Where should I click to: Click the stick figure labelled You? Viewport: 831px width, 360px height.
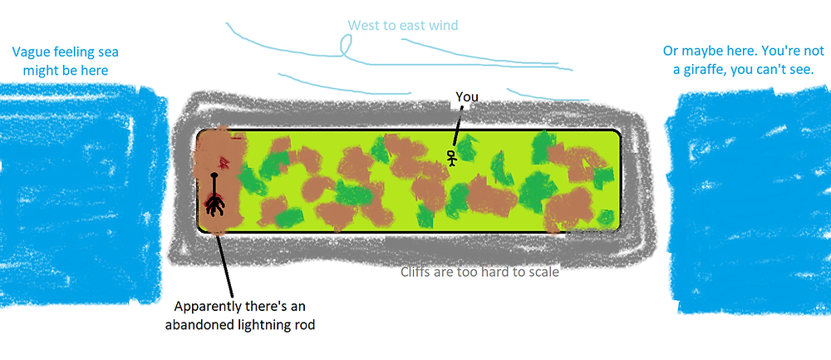point(451,158)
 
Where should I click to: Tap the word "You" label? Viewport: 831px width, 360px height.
point(467,97)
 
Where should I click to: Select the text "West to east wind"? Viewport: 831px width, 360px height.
point(403,25)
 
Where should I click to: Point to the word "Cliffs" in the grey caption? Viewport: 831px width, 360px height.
point(416,273)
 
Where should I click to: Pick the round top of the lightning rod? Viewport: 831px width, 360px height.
point(214,174)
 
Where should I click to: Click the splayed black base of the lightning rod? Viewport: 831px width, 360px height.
point(214,205)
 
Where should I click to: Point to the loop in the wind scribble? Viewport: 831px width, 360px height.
point(346,46)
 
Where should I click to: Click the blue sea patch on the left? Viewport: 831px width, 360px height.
point(82,194)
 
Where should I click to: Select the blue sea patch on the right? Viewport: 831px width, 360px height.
point(747,199)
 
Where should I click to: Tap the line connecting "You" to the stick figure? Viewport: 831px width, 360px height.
point(458,125)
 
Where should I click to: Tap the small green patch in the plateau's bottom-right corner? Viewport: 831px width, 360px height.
point(607,217)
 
